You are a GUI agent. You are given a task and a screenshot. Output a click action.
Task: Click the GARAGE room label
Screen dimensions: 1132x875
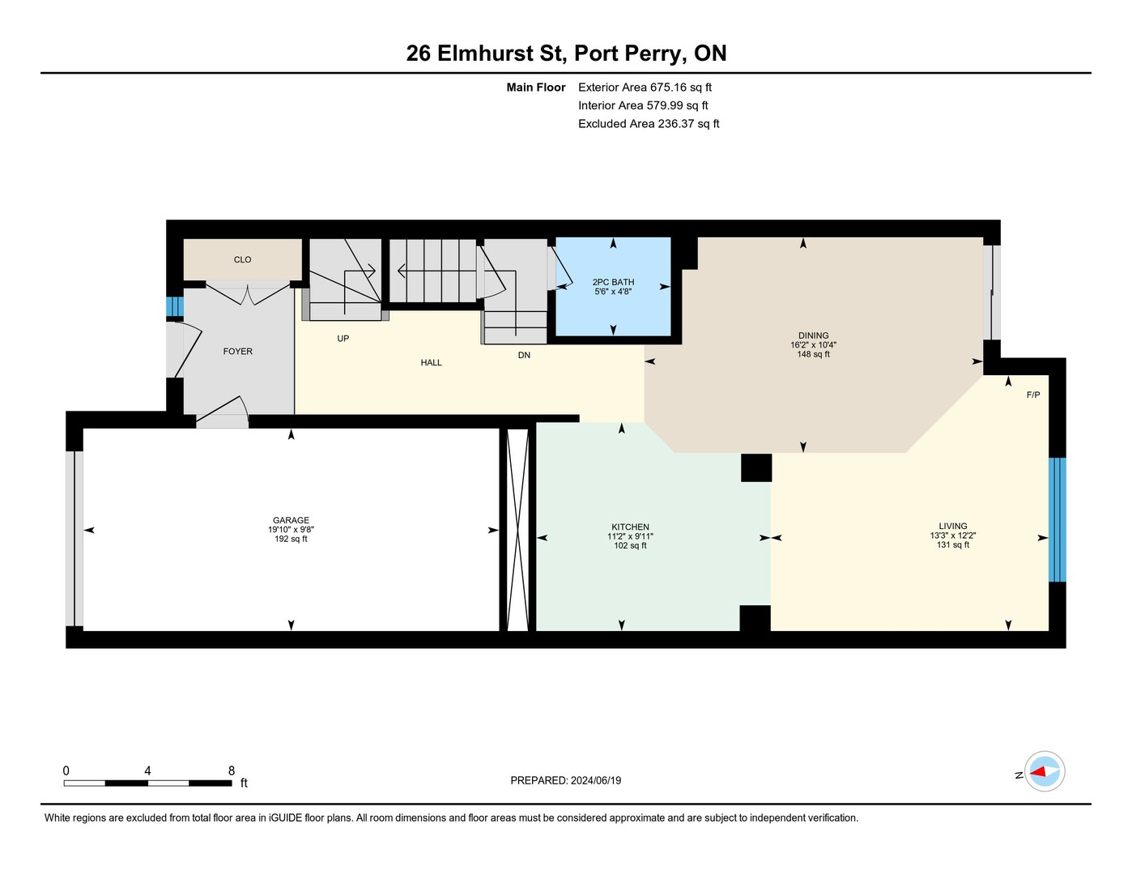[291, 520]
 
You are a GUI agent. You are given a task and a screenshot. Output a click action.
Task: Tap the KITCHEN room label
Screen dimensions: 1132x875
[630, 527]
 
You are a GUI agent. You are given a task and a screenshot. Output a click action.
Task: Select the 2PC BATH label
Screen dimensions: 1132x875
[613, 282]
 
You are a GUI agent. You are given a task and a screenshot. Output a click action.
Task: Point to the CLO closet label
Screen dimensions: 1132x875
[242, 259]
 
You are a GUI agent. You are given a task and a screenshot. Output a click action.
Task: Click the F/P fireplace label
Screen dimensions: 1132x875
[1033, 395]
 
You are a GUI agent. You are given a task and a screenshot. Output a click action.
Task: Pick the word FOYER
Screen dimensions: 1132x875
[237, 352]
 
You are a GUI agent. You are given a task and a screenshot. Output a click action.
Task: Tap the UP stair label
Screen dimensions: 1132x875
[343, 338]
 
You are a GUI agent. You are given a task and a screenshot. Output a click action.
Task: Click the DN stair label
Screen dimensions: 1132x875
[524, 355]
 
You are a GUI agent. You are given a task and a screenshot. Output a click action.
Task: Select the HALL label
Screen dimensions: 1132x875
[431, 363]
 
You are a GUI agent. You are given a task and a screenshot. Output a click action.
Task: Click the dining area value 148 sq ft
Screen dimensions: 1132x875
[813, 354]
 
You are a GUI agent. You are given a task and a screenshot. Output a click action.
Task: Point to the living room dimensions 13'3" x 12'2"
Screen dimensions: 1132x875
[953, 536]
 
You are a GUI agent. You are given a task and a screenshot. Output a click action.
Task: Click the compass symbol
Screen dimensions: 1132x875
[1045, 772]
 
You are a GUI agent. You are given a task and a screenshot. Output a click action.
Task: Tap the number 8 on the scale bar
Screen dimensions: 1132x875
[232, 770]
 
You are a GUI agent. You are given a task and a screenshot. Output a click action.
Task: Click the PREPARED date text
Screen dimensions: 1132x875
[566, 781]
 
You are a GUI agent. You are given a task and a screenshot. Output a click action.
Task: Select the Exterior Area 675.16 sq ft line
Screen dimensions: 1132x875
[645, 87]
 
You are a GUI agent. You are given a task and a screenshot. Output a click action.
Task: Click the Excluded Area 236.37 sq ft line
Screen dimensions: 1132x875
[649, 123]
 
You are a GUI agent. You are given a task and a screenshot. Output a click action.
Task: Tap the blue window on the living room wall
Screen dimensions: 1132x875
[1057, 519]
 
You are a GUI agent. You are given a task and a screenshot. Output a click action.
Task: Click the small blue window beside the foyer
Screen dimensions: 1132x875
[175, 306]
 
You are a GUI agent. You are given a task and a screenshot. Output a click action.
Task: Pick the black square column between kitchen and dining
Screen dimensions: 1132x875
[756, 467]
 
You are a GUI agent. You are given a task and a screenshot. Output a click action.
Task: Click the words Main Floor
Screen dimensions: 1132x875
[535, 87]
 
